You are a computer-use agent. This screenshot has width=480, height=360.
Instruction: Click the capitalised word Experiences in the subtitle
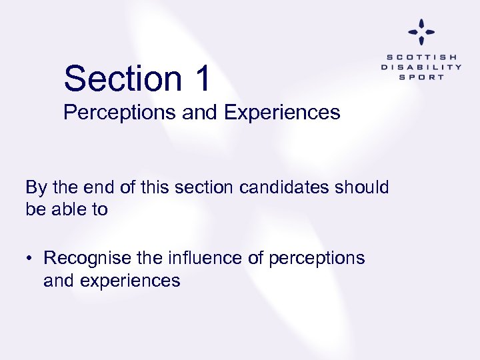[x=283, y=113]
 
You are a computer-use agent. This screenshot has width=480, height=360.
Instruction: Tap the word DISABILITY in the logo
[x=421, y=67]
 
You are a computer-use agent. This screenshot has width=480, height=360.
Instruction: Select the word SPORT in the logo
[x=421, y=77]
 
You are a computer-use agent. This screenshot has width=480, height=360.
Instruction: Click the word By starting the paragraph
[x=36, y=187]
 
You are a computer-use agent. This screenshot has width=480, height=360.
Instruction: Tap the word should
[x=363, y=187]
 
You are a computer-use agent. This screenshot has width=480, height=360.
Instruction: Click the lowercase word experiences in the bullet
[x=129, y=281]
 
